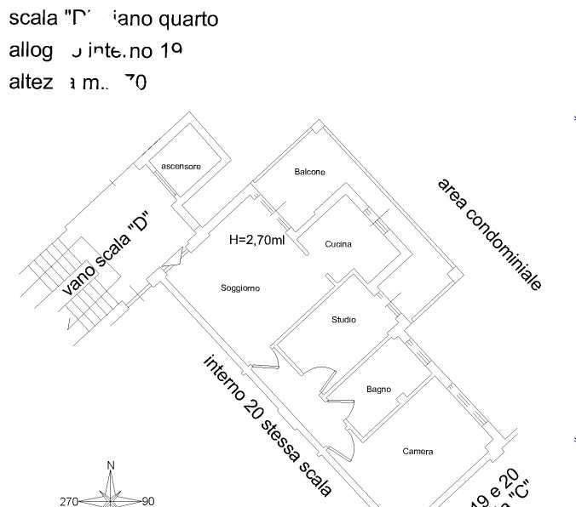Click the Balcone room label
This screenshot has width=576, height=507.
309,172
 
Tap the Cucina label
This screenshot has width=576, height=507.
338,245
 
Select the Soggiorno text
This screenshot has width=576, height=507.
240,288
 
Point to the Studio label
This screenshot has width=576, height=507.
343,320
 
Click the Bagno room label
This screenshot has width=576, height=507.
378,390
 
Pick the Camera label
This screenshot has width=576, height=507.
418,452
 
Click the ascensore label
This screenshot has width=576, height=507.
181,167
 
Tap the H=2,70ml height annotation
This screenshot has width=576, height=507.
256,241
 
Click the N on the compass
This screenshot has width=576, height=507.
111,465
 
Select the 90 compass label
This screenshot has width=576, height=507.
147,501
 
